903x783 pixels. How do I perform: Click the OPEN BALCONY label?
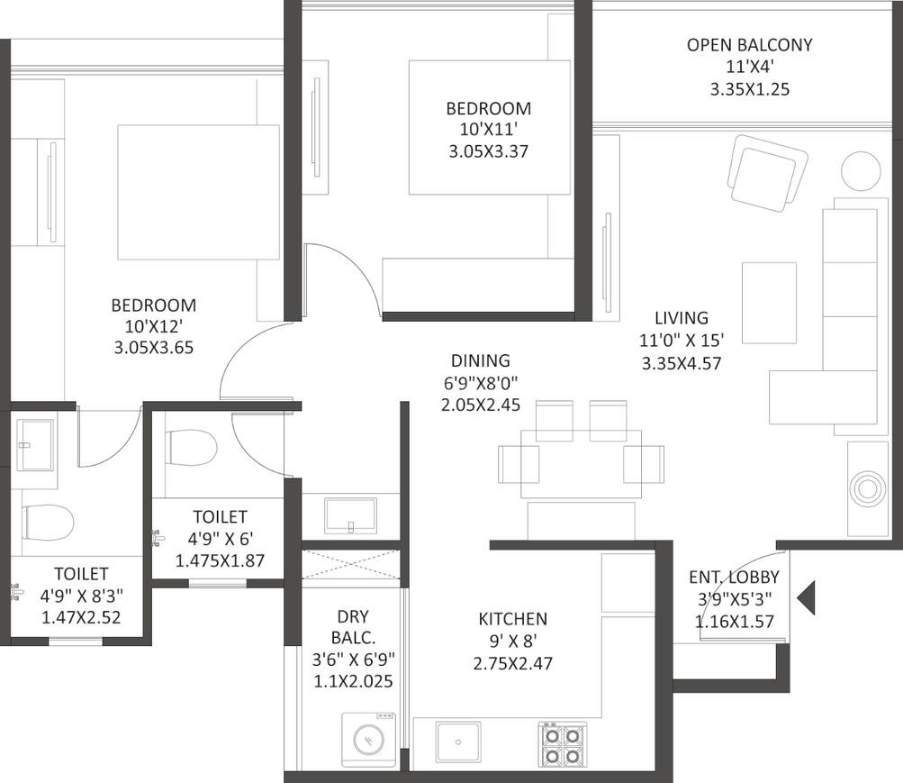click(749, 45)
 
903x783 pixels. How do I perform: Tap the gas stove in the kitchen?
click(562, 744)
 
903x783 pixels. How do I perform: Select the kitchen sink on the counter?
click(458, 742)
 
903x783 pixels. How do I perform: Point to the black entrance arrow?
click(806, 598)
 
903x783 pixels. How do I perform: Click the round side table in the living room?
click(861, 171)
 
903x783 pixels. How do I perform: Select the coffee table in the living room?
click(770, 303)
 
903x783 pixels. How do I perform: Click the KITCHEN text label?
click(512, 619)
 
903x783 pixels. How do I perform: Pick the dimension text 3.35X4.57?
click(682, 363)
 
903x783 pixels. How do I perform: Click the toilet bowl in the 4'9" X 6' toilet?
click(191, 447)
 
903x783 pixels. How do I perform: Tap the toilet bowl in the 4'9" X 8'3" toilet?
click(49, 524)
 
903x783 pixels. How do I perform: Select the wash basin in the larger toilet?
click(34, 444)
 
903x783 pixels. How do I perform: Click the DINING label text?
click(480, 360)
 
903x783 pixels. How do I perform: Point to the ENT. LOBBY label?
click(735, 578)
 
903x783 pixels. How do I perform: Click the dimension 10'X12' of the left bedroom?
click(154, 327)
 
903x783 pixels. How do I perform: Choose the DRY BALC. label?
click(353, 627)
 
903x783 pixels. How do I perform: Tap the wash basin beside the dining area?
click(351, 516)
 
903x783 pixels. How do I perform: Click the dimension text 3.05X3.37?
click(488, 151)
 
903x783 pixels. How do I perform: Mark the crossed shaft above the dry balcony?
click(351, 564)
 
